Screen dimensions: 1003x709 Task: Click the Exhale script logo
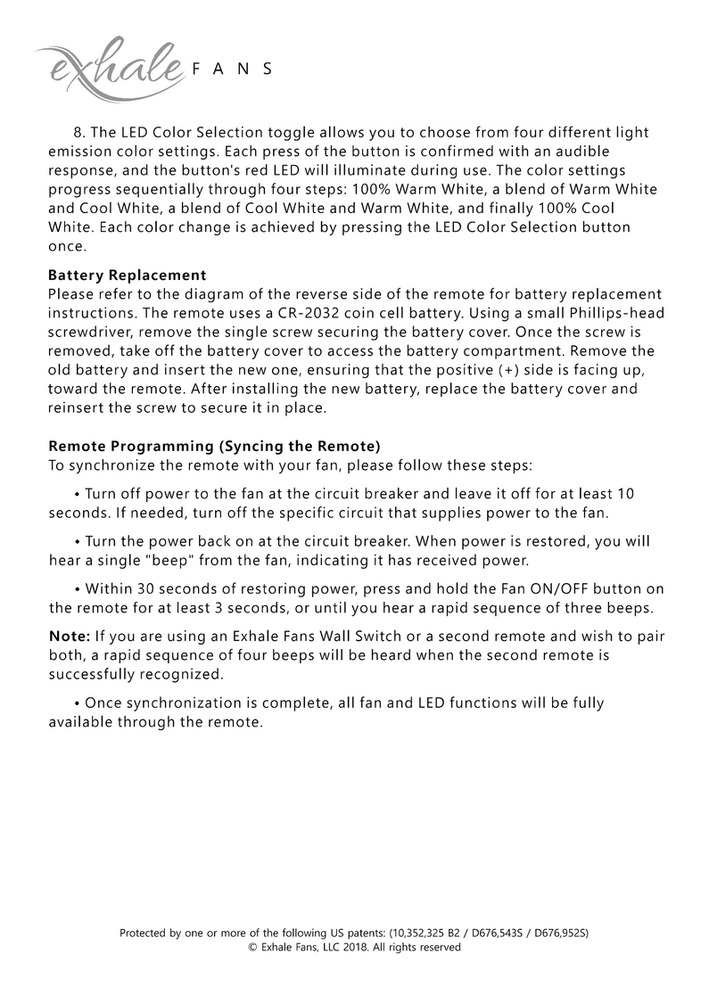(107, 62)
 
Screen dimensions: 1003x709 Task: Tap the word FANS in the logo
(231, 70)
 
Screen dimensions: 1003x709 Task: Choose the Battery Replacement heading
(127, 275)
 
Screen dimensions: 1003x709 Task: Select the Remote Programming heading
(214, 446)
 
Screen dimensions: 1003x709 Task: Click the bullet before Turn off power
(78, 494)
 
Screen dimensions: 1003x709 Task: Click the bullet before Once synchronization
(78, 703)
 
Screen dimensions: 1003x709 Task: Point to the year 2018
(350, 948)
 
